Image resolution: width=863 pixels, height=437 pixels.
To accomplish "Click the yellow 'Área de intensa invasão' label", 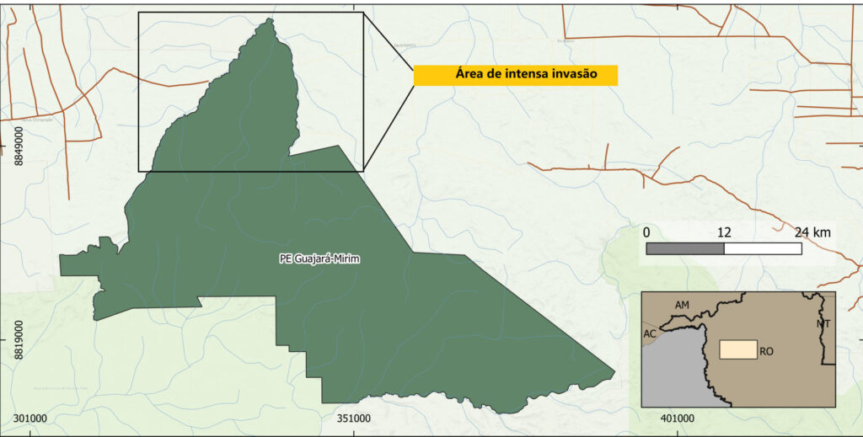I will pos(515,75).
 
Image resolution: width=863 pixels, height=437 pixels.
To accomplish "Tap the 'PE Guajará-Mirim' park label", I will pos(319,258).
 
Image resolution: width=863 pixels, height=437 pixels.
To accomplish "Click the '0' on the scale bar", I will pos(646,232).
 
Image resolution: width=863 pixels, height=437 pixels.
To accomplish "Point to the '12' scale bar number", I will pos(723,232).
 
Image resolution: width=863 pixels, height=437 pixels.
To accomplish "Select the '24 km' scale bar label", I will pos(812,232).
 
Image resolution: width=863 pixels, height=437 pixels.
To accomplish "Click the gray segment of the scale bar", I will pos(684,248).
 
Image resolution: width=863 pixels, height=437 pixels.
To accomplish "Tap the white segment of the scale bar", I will pos(763,248).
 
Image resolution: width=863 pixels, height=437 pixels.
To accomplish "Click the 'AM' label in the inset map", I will pos(683,304).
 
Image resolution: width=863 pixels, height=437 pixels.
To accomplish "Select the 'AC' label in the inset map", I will pos(650,334).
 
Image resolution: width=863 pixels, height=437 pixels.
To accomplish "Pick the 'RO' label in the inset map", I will pos(766,351).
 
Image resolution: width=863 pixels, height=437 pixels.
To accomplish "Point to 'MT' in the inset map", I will pos(823,324).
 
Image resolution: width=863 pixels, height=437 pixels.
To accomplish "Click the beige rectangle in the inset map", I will pos(737,349).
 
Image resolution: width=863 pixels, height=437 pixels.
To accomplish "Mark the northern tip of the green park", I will pos(269,19).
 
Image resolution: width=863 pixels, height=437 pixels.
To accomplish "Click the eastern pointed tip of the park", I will pos(614,370).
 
